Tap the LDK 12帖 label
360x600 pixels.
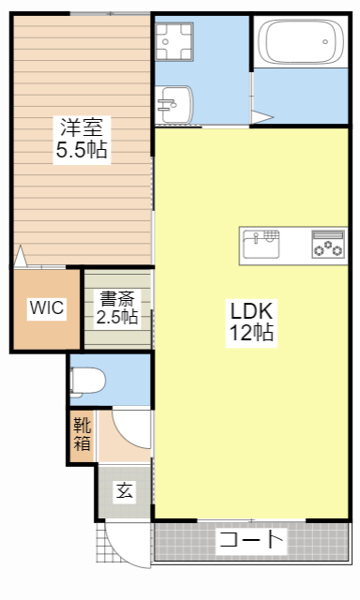(x=250, y=321)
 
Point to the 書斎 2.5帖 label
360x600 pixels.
(x=118, y=307)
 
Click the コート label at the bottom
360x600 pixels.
(x=250, y=540)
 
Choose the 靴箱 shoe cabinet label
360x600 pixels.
(x=82, y=434)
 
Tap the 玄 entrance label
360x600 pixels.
(x=123, y=490)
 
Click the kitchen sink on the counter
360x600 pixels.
(x=262, y=245)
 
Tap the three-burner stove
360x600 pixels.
(x=327, y=245)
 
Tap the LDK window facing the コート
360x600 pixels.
(x=251, y=520)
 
